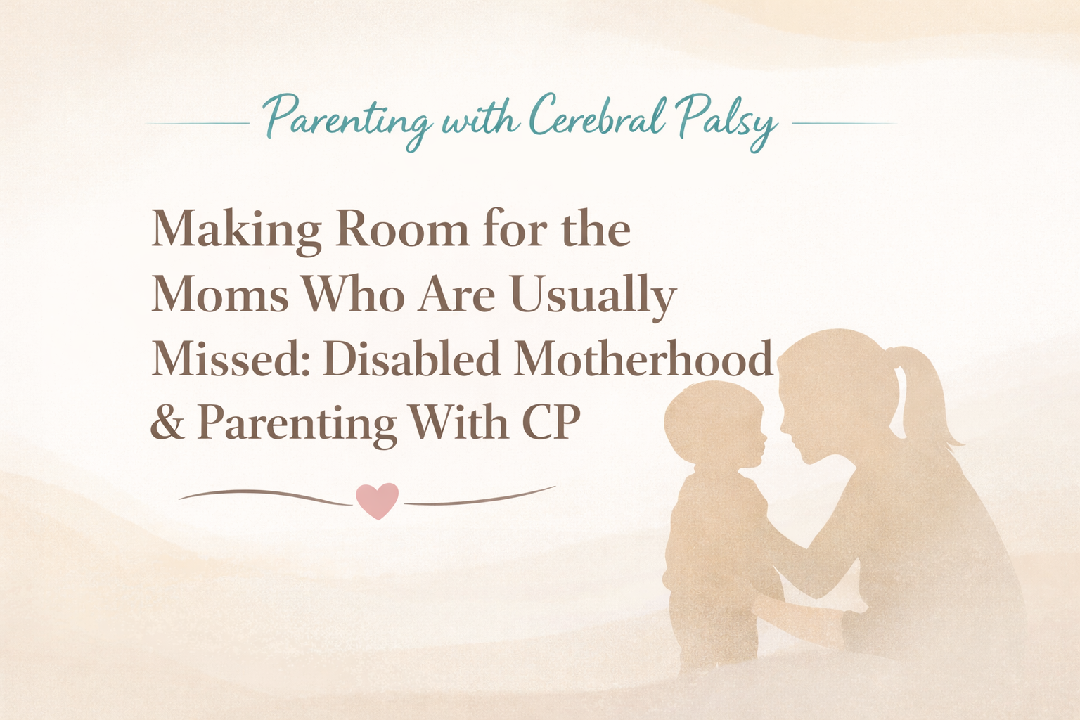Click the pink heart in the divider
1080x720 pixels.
(378, 500)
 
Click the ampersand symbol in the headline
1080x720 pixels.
(166, 423)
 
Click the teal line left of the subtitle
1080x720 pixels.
(198, 123)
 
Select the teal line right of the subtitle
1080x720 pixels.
(844, 123)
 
